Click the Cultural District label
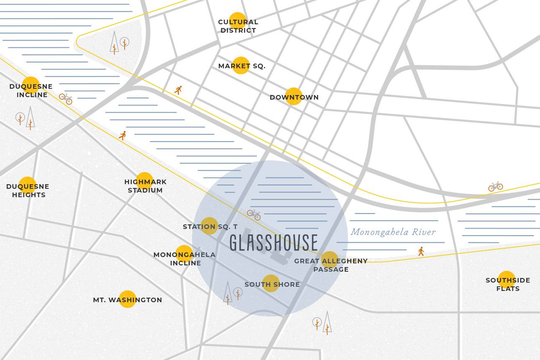pyautogui.click(x=238, y=26)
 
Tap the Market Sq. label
pyautogui.click(x=241, y=66)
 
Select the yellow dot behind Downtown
pyautogui.click(x=294, y=96)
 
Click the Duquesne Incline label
pyautogui.click(x=31, y=90)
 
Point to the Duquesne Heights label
pyautogui.click(x=28, y=190)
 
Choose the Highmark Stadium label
pyautogui.click(x=145, y=186)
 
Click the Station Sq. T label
pyautogui.click(x=210, y=226)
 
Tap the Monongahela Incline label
pyautogui.click(x=184, y=259)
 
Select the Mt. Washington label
pyautogui.click(x=127, y=300)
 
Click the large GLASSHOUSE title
pyautogui.click(x=274, y=243)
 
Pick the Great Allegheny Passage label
pyautogui.click(x=330, y=265)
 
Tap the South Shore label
pyautogui.click(x=272, y=284)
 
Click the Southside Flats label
pyautogui.click(x=507, y=284)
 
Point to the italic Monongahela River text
pyautogui.click(x=393, y=232)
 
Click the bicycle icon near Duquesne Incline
pyautogui.click(x=66, y=99)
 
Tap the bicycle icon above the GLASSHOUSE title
pyautogui.click(x=254, y=215)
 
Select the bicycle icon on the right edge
pyautogui.click(x=495, y=186)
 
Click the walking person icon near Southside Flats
pyautogui.click(x=421, y=251)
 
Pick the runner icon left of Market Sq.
pyautogui.click(x=179, y=90)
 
